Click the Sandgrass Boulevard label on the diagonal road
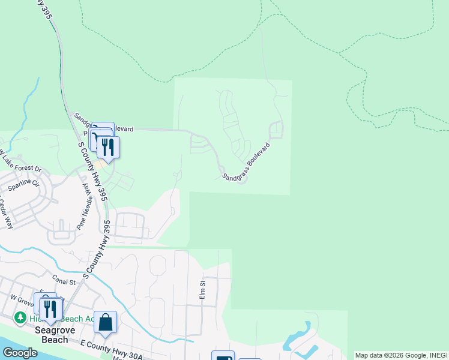click(247, 161)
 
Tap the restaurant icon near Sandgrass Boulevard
click(108, 146)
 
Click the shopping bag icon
click(106, 322)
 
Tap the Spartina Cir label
click(23, 182)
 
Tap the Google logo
click(20, 352)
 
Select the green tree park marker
click(20, 317)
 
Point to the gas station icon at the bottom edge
click(223, 356)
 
